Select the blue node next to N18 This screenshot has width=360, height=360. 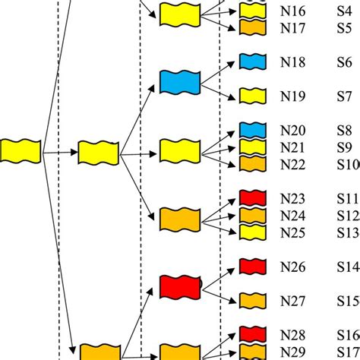coord(251,62)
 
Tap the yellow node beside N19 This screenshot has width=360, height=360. coord(251,96)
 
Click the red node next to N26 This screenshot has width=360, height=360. coord(251,267)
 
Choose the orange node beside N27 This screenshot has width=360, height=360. coord(251,300)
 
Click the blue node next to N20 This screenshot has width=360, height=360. coord(251,130)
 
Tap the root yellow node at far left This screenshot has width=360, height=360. coord(21,150)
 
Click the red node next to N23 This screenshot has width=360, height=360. coord(251,198)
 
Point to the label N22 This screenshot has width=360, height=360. coord(292,164)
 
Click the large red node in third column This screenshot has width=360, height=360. coord(179,288)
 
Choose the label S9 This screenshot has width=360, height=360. coord(345,147)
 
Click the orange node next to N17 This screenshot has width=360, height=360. coord(251,27)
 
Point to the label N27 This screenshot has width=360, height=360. coord(292,300)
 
